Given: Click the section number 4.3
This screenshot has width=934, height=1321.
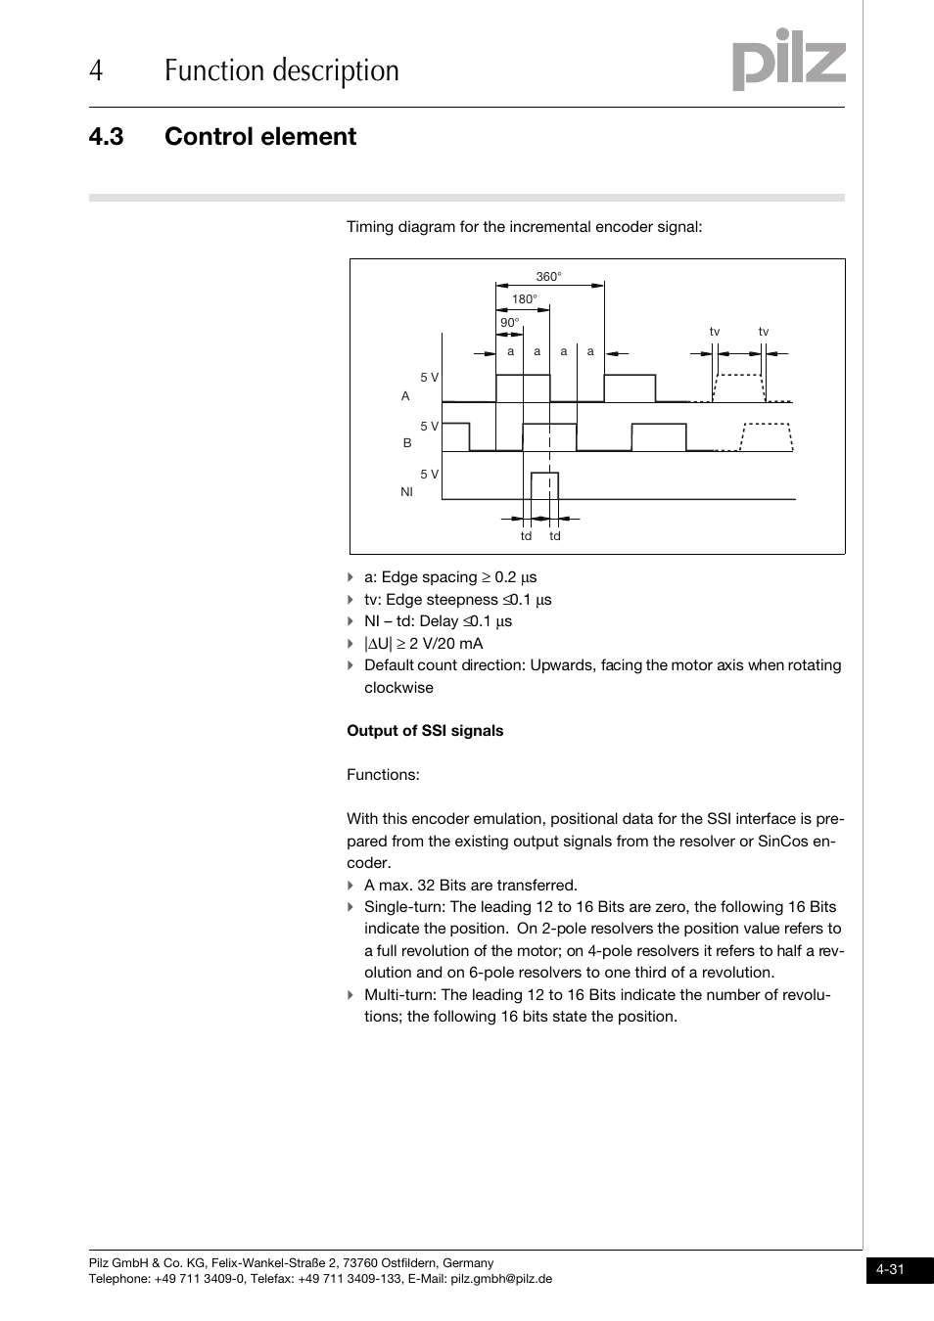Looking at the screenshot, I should point(106,137).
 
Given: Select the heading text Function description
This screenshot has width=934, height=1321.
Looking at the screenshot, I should point(282,70).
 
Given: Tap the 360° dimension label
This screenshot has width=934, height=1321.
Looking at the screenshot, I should point(548,277).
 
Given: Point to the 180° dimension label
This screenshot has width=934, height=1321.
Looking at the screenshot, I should point(524,299).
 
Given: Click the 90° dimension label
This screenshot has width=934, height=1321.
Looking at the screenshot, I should point(509,323).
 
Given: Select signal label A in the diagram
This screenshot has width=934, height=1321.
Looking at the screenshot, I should point(405,396).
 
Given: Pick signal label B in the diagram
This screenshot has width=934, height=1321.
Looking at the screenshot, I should point(407,443).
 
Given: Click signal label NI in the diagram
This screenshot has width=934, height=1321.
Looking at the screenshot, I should point(406,492).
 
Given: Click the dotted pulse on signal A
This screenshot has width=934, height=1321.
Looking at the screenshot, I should point(738,387).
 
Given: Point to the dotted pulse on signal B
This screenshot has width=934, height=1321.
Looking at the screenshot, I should point(766,436).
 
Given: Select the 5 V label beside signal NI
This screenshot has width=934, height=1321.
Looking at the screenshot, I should point(429,475).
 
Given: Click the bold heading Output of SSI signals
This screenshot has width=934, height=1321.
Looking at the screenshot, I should point(425,731).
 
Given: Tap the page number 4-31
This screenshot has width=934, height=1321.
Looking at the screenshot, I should point(890,1270).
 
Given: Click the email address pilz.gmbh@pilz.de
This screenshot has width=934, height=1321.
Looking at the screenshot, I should point(501,1279).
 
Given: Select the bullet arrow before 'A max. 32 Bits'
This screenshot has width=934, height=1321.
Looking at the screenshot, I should point(350,886).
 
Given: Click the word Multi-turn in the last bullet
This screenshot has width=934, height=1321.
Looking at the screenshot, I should point(399,995).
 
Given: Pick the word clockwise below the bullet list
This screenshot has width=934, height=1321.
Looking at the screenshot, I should point(398,688).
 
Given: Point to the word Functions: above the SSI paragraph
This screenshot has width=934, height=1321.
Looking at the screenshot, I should point(383,775).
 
